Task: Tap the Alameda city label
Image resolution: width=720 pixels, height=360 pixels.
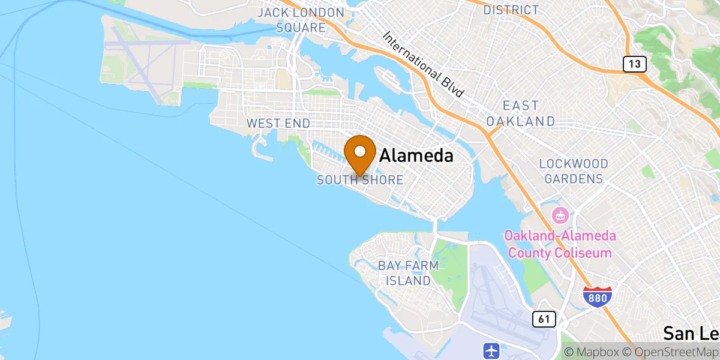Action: (x=416, y=157)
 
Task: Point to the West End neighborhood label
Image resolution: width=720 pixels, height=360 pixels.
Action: (x=278, y=124)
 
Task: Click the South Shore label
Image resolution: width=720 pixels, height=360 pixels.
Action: (x=360, y=180)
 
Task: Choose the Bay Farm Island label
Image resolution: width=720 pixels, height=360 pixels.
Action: (x=408, y=273)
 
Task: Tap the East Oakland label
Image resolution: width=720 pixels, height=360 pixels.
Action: (x=520, y=113)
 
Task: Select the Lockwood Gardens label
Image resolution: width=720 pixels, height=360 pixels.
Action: (x=573, y=171)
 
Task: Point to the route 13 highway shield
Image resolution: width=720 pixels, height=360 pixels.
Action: (x=634, y=64)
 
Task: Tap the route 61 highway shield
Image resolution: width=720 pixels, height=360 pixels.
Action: (x=544, y=319)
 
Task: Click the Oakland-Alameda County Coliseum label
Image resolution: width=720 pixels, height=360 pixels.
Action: (x=559, y=244)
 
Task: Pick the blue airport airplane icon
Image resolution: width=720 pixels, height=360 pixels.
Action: (x=491, y=350)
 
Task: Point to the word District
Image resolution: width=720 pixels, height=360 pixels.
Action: (x=511, y=10)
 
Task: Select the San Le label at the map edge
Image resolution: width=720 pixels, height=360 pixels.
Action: (x=691, y=334)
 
